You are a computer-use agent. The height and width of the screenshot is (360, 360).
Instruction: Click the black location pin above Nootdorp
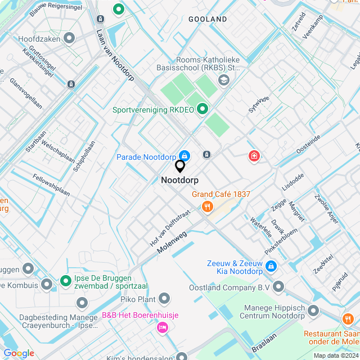(180, 166)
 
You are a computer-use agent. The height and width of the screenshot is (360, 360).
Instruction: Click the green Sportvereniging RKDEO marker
(201, 109)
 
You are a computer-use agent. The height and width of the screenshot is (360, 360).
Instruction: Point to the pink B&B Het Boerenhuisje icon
(163, 327)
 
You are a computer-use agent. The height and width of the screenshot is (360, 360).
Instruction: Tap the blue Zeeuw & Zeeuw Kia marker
(271, 266)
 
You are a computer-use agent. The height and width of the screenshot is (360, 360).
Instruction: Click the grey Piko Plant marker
(164, 298)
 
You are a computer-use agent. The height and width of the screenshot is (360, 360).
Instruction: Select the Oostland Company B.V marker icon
(279, 287)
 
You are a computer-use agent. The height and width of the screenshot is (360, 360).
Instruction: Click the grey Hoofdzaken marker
(69, 38)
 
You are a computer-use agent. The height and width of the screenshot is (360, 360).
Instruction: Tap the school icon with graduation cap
(223, 80)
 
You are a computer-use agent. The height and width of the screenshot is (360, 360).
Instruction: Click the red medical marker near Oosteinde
(254, 155)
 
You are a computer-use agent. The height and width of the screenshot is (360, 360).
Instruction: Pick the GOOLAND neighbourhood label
(208, 19)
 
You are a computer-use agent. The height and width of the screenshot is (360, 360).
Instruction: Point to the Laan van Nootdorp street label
(114, 55)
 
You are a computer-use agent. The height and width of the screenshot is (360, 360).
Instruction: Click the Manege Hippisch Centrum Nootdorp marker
(313, 310)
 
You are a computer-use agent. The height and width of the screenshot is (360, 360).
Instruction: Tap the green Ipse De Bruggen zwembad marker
(65, 280)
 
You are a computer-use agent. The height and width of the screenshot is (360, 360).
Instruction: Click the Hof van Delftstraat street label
(170, 228)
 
